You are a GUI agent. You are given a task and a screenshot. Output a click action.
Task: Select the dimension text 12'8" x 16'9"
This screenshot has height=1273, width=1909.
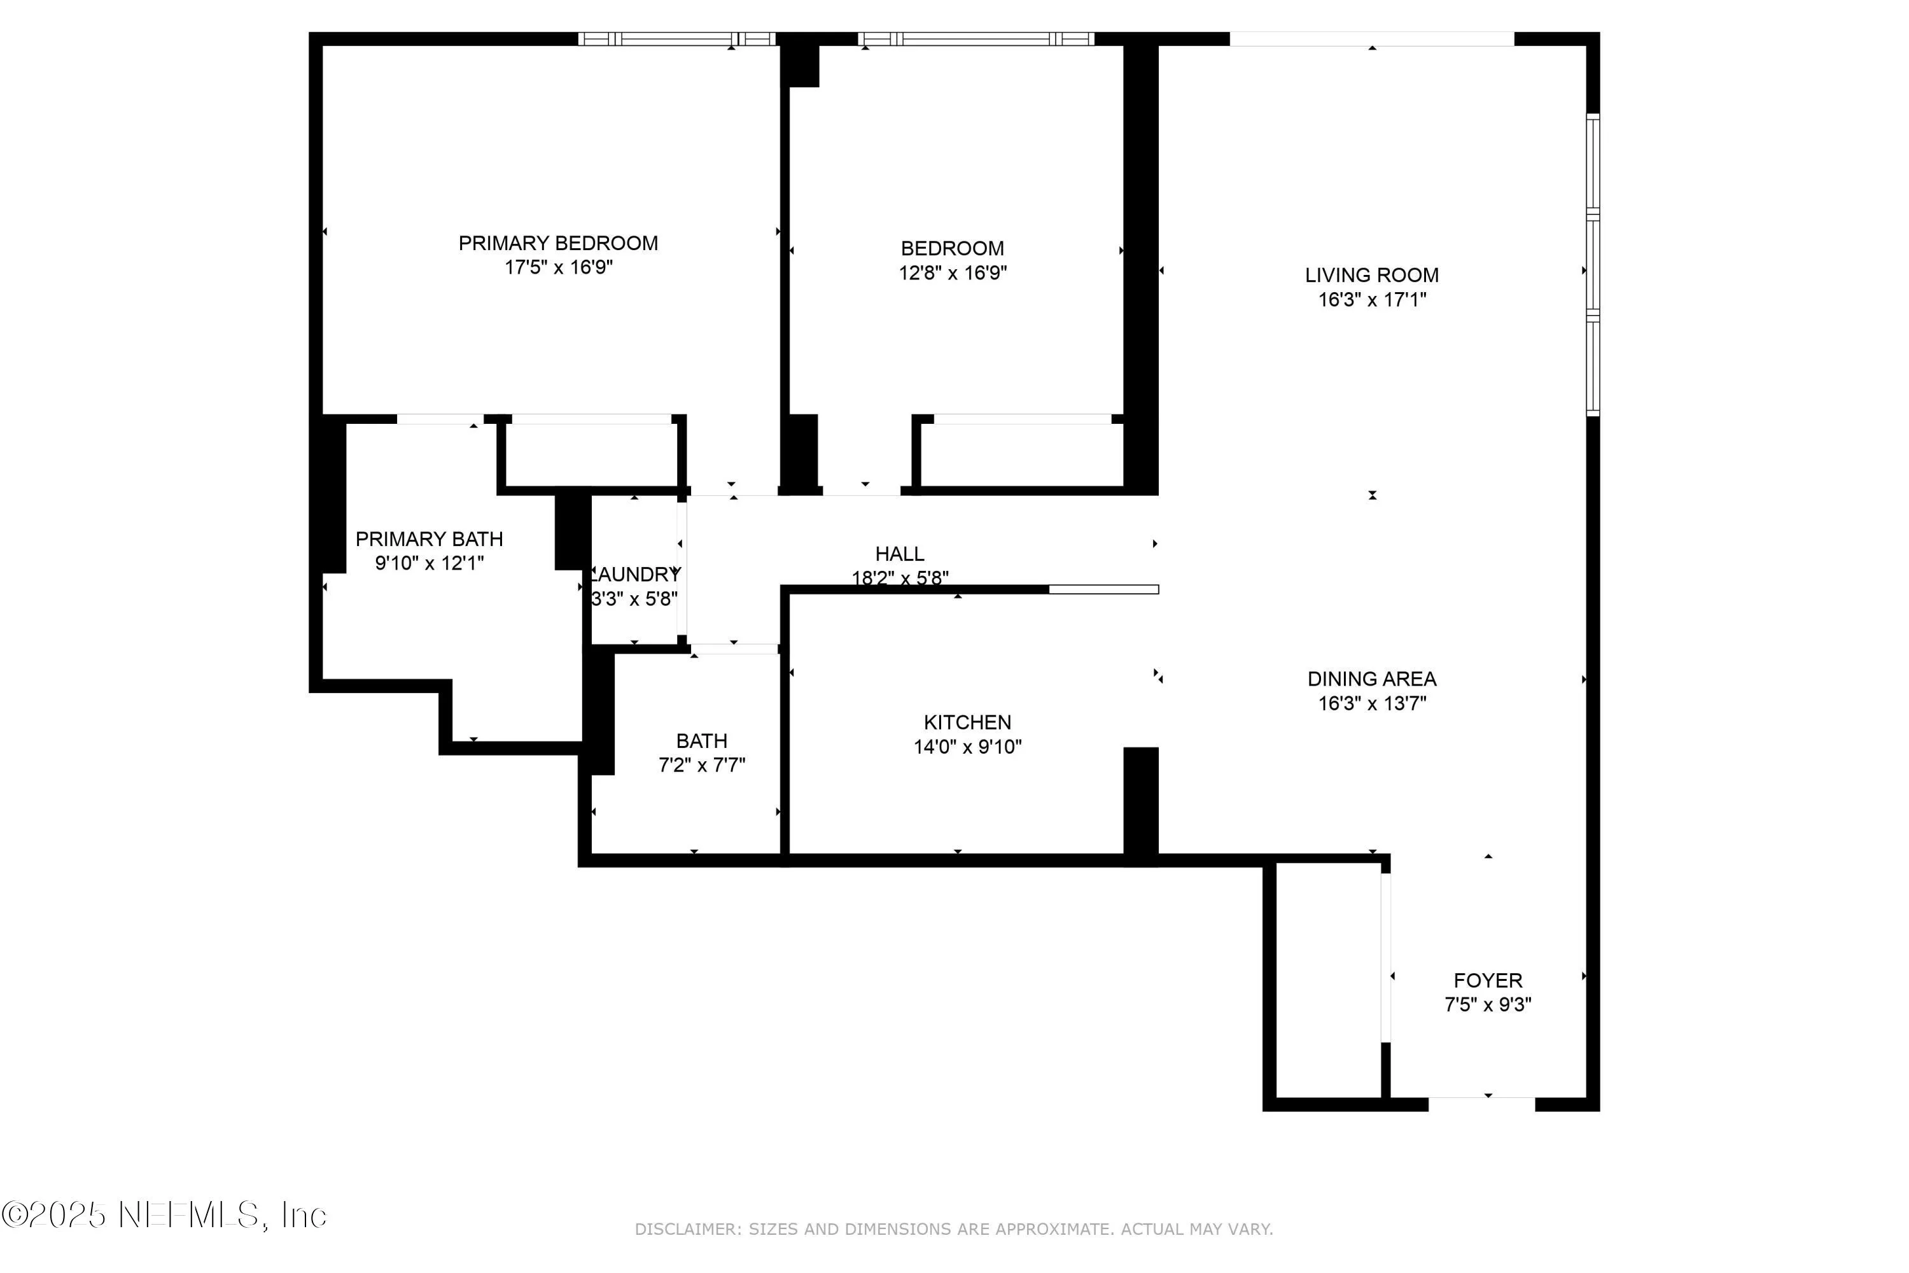click(952, 273)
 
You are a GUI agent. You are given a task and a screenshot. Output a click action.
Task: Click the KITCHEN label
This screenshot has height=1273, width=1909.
click(967, 722)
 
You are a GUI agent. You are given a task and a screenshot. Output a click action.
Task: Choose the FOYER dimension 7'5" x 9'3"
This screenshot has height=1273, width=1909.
click(1487, 1004)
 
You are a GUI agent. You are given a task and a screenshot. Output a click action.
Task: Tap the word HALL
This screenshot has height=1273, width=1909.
click(899, 554)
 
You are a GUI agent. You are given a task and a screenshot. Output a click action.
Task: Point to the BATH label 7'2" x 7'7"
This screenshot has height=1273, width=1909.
click(701, 752)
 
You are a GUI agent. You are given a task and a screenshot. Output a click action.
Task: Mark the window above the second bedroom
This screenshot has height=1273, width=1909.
click(975, 39)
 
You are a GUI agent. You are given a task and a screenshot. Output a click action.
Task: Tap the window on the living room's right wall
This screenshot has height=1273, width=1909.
click(1593, 265)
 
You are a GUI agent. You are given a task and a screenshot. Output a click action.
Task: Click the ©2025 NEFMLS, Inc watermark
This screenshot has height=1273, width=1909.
click(164, 1214)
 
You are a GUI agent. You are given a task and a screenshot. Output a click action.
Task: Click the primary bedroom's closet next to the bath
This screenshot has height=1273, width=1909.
click(591, 454)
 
